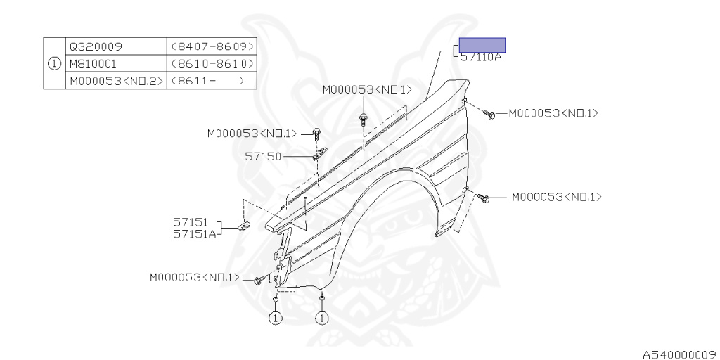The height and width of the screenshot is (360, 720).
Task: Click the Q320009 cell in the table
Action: [95, 46]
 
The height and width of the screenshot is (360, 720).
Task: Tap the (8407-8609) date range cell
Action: [212, 46]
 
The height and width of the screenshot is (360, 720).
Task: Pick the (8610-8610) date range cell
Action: [212, 63]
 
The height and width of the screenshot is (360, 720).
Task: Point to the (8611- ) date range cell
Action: [212, 81]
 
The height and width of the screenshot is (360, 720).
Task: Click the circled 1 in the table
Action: [54, 63]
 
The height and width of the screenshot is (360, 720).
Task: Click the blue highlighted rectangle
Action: [482, 45]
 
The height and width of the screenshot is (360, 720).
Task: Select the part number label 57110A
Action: [482, 58]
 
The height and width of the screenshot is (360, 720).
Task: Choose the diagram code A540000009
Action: [679, 354]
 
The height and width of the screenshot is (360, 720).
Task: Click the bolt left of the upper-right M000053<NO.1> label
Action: [491, 113]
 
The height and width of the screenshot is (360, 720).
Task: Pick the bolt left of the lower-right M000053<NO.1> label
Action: [484, 199]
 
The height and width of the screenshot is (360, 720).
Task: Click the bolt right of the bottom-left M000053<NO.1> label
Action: [259, 281]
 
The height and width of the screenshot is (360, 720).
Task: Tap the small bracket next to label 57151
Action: [244, 226]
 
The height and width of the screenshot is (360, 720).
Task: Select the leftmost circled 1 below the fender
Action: [275, 319]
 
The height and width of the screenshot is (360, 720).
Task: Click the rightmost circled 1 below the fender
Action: [322, 319]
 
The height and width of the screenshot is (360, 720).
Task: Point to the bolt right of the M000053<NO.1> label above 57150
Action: [316, 132]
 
